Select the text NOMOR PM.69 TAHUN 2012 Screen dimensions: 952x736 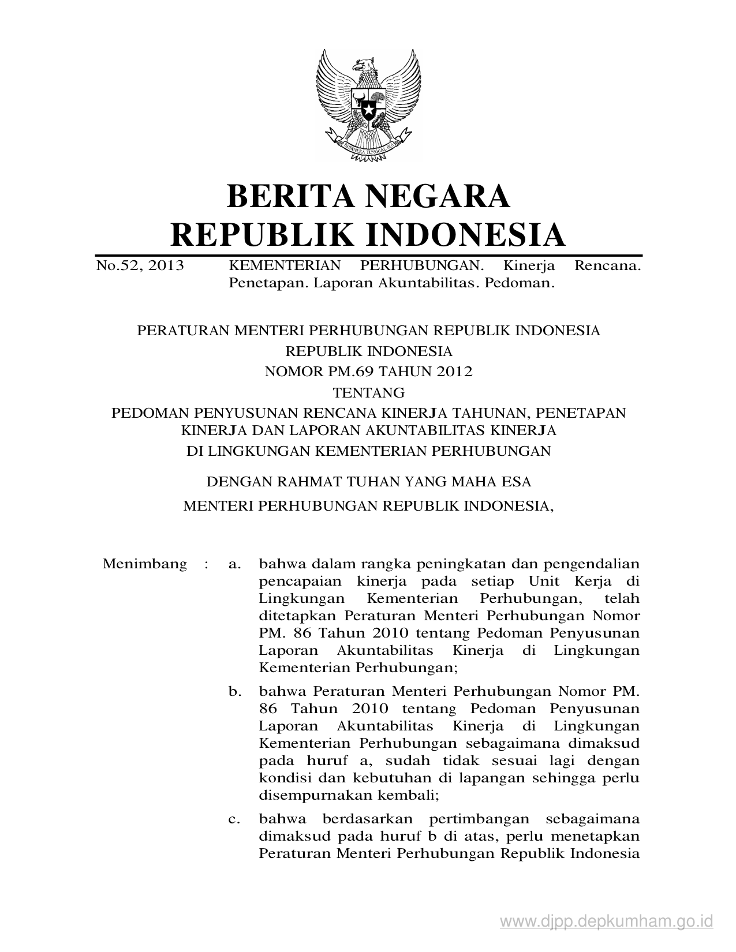pyautogui.click(x=368, y=372)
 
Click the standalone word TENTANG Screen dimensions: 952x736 pyautogui.click(x=368, y=393)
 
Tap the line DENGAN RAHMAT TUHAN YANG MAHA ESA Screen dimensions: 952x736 pyautogui.click(x=368, y=481)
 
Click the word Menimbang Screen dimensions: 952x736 pyautogui.click(x=144, y=564)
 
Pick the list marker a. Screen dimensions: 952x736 pyautogui.click(x=234, y=564)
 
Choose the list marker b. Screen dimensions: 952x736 pyautogui.click(x=234, y=691)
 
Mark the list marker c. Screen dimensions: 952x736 pyautogui.click(x=234, y=819)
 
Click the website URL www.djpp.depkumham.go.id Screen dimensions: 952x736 pyautogui.click(x=607, y=921)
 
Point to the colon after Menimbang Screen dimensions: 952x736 pyautogui.click(x=206, y=564)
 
